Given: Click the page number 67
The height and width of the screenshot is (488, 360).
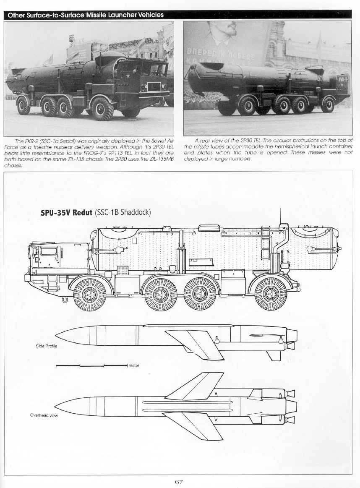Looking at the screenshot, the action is (179, 482).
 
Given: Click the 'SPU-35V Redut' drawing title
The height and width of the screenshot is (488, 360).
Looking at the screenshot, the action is (67, 213).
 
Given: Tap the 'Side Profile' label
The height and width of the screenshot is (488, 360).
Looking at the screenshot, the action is (47, 346).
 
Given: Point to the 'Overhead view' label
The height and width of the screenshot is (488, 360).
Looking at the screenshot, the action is (44, 415).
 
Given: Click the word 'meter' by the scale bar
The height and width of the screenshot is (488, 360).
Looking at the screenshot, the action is (134, 366).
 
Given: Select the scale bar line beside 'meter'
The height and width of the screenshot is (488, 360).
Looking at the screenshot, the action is (91, 365).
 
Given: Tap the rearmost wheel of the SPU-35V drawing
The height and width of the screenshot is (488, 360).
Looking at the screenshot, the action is (269, 293).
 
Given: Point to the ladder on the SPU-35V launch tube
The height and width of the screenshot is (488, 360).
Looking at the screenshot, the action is (265, 244).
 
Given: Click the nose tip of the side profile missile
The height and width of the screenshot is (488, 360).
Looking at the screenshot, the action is (56, 335).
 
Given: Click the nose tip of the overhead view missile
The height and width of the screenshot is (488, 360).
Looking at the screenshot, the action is (55, 405).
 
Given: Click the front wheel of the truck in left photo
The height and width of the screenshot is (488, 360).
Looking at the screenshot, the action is (102, 109).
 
